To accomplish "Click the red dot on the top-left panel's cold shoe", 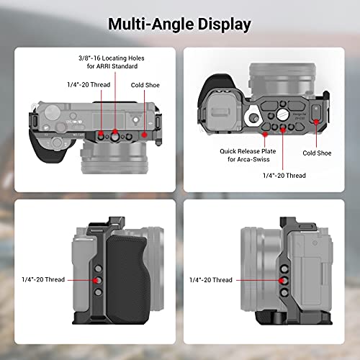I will (144, 133).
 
